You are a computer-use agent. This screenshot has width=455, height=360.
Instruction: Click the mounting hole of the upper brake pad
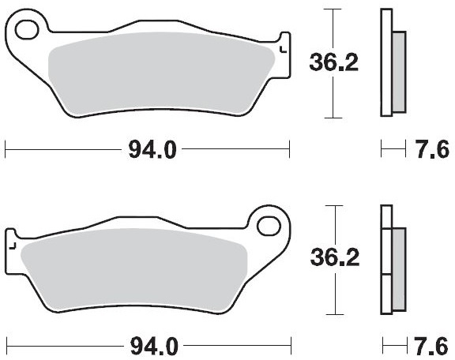point(27,30)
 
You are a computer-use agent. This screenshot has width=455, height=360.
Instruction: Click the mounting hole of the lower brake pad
point(269,226)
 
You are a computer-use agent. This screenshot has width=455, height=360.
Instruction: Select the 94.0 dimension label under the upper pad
point(152,150)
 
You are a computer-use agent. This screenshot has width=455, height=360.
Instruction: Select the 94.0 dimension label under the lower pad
point(154,346)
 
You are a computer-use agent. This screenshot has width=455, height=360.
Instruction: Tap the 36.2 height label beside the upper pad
point(333,62)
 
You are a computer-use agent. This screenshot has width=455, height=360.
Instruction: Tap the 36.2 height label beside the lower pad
point(335,258)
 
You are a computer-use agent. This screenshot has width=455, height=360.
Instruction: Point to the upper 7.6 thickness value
point(432,150)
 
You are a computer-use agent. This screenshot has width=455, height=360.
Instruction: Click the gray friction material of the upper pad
point(161,73)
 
